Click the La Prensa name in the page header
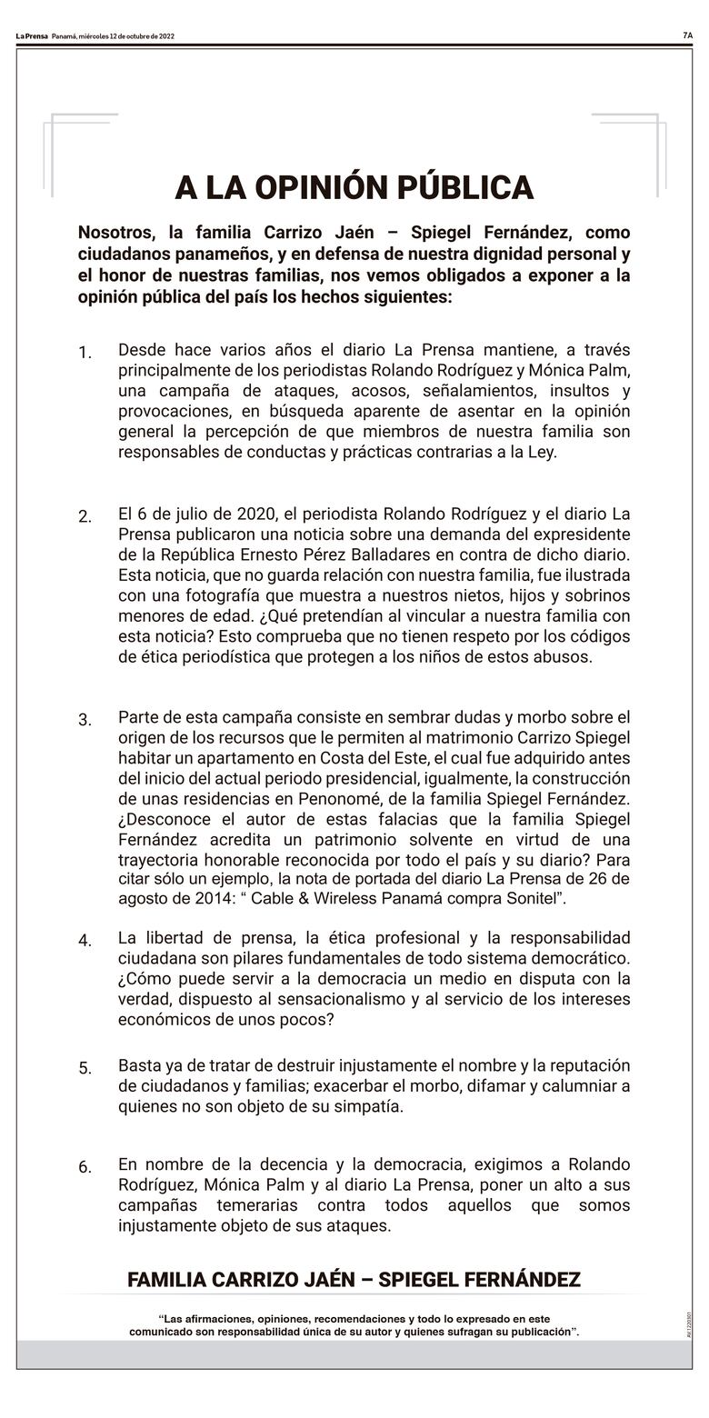[32, 36]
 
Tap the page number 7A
[687, 35]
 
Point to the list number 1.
[85, 353]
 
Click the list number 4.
[85, 941]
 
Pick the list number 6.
[85, 1167]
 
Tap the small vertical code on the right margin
[690, 1323]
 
